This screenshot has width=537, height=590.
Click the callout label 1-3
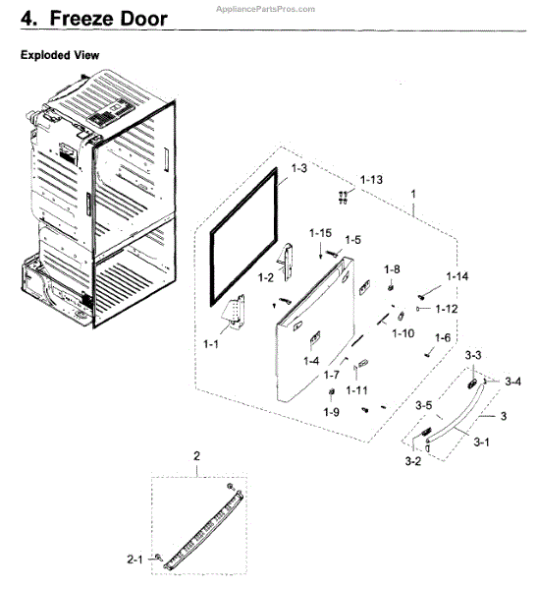click(298, 168)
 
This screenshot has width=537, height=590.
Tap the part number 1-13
click(371, 180)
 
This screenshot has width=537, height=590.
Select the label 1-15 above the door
click(321, 233)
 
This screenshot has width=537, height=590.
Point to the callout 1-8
click(392, 269)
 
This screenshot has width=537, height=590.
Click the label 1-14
click(456, 276)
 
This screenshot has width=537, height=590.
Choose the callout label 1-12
click(447, 309)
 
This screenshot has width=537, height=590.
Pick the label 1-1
click(210, 344)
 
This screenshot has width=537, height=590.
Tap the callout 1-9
click(332, 412)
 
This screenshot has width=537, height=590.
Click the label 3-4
click(512, 382)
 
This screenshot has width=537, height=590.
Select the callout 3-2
click(413, 461)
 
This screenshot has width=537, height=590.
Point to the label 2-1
click(134, 560)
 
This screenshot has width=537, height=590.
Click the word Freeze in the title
click(82, 19)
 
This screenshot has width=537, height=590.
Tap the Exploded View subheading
click(60, 55)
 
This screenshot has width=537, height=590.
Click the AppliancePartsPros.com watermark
click(265, 9)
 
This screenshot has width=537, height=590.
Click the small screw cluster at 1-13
click(343, 198)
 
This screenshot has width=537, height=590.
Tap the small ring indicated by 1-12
click(418, 309)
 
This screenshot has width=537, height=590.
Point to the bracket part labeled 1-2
click(287, 262)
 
